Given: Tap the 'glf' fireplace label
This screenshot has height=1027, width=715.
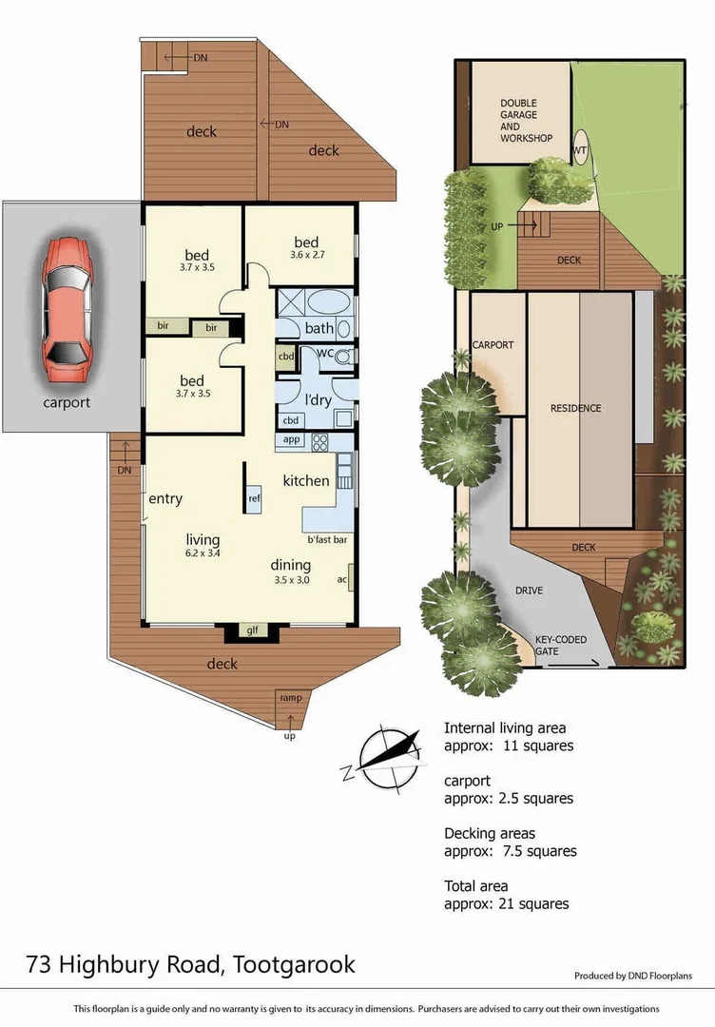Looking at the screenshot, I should click(252, 630).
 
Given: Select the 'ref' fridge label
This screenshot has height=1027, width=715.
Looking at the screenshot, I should click(254, 498).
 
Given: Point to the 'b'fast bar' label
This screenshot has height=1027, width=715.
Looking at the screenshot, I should click(325, 540).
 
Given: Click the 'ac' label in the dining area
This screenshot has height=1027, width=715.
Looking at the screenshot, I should click(342, 578).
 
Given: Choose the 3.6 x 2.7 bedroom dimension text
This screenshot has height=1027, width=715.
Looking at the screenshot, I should click(306, 255).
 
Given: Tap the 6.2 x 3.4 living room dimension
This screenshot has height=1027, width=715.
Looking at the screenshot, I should click(203, 552).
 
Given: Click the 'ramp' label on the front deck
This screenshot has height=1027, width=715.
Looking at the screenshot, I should click(290, 698).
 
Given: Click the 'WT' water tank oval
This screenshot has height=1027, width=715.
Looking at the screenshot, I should click(579, 150).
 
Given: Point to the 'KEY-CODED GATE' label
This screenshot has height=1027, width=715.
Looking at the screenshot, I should click(559, 646).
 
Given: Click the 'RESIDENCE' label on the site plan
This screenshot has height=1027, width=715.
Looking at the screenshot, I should click(575, 408).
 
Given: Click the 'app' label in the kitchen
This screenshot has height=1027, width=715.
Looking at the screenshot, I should click(291, 440).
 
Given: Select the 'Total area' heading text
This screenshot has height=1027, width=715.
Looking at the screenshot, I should click(475, 886).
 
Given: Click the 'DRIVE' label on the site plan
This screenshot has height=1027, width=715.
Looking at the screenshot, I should click(529, 591).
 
